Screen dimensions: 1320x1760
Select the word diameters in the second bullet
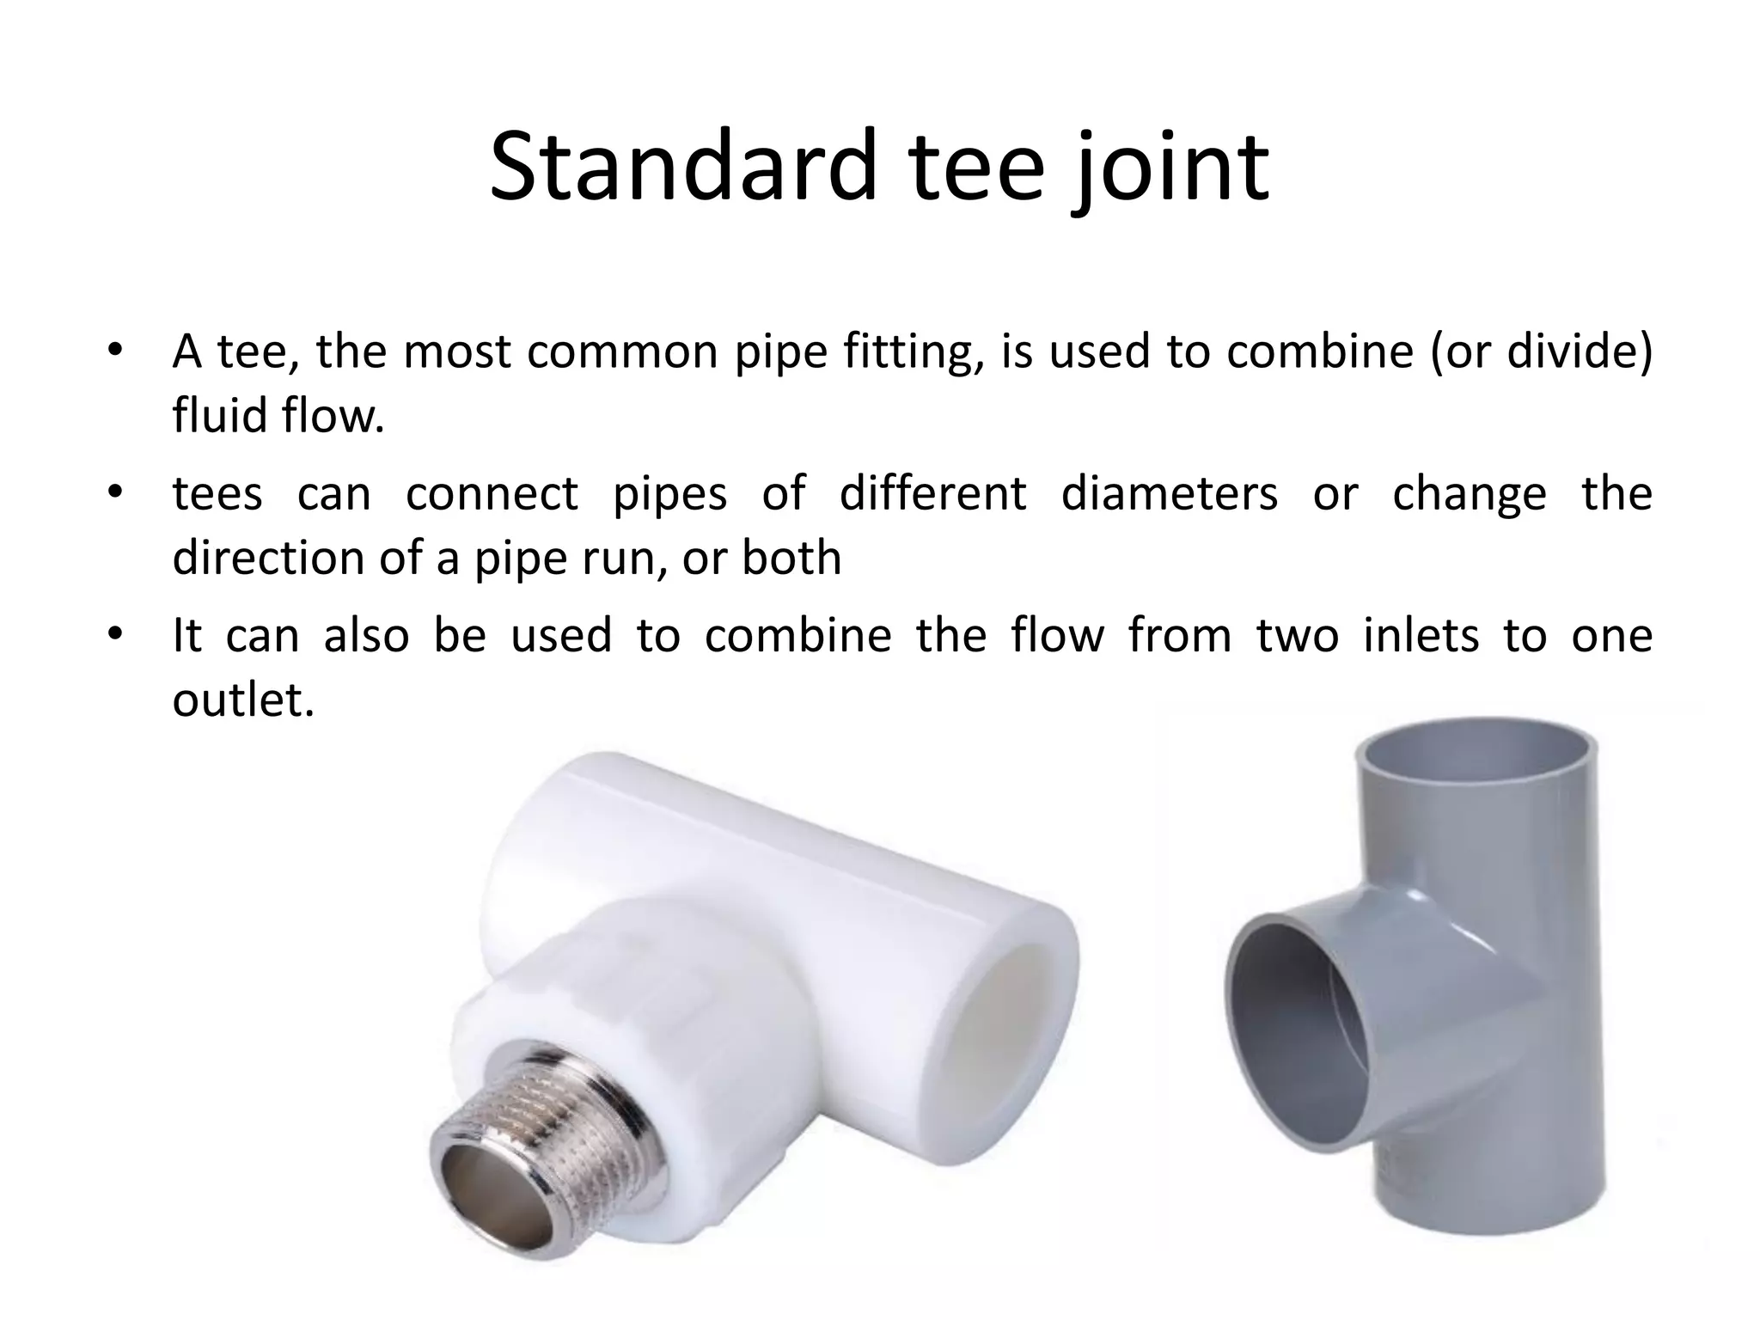coord(1169,494)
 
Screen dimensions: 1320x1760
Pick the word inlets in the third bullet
coord(1421,636)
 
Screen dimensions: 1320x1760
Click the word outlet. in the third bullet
coord(243,700)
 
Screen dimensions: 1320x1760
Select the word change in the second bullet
coord(1469,494)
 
